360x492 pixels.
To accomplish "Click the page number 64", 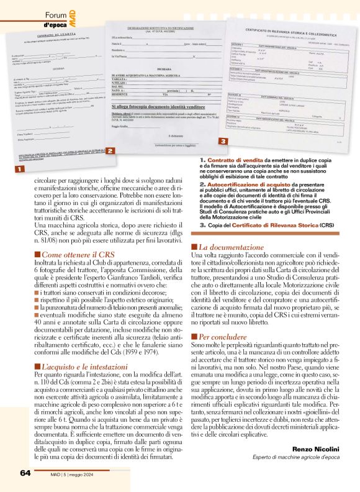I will tap(25, 473).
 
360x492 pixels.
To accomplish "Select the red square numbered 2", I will tap(109, 151).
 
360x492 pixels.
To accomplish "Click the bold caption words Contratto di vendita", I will tap(231, 161).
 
